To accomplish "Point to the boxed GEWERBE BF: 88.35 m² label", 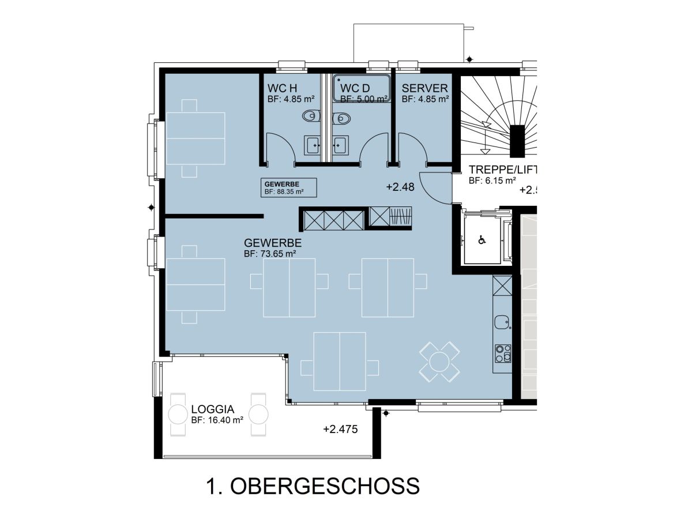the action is [288, 187].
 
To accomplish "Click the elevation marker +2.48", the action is [400, 187].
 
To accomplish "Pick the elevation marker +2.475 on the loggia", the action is [340, 429].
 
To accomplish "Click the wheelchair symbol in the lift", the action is [482, 240].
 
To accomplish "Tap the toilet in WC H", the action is [311, 116].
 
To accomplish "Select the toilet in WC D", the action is [341, 118].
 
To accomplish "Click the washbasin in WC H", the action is [312, 145].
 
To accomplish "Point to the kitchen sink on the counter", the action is [502, 322].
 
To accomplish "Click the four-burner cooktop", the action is [503, 353].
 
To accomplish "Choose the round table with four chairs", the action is [439, 362].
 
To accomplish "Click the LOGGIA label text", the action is [212, 409].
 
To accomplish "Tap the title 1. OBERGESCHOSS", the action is [313, 486].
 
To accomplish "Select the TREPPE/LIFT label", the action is [502, 170].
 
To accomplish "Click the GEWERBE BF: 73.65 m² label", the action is [273, 248].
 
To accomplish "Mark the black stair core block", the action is [517, 141].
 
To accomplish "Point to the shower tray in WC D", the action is [362, 88].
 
